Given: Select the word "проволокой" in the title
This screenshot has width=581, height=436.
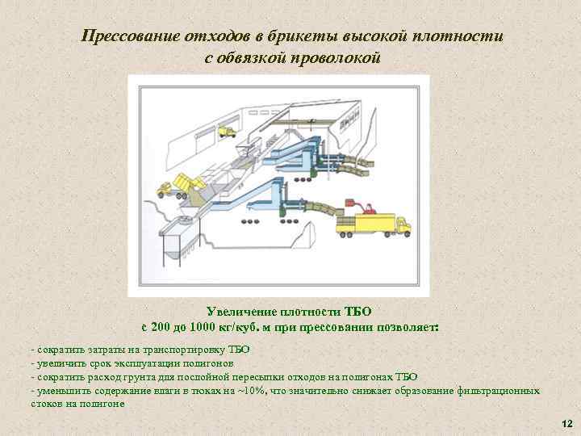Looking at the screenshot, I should click(332, 58).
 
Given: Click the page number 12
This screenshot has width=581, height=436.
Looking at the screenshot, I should click(566, 424).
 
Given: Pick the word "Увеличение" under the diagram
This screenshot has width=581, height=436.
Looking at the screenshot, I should click(240, 312).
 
